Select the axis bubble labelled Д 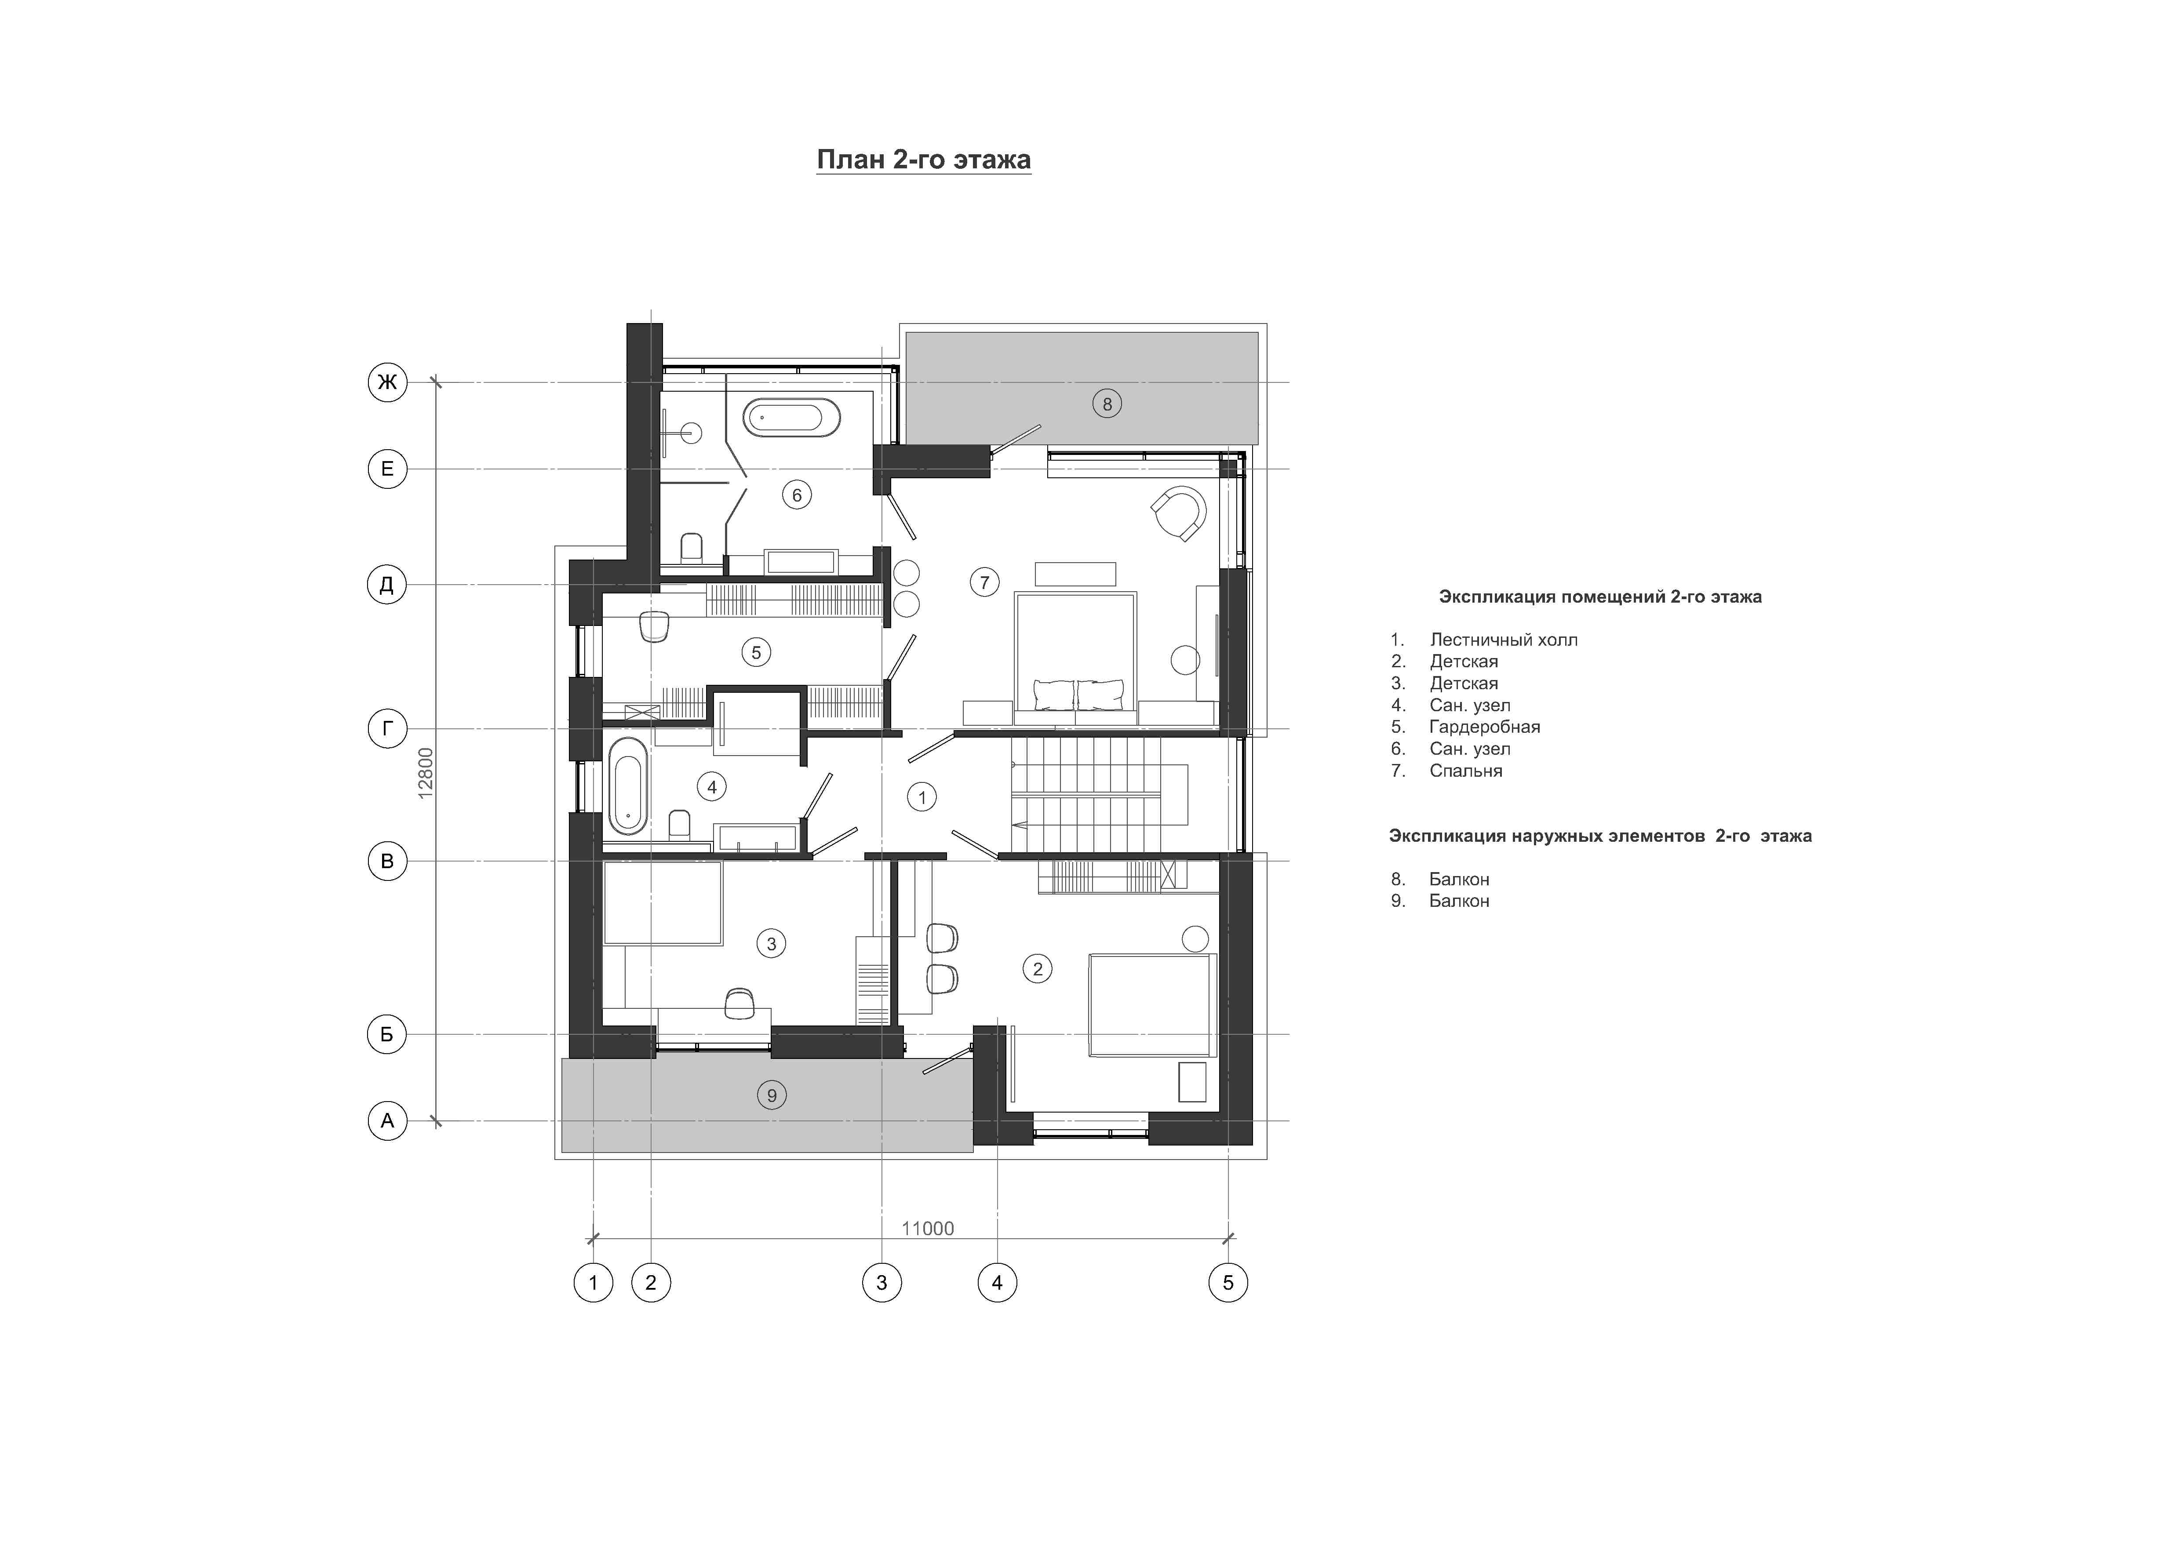point(387,584)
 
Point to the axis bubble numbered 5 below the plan point(1228,1283)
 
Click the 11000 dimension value point(928,1229)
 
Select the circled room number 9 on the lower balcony point(772,1095)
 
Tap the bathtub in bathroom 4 point(628,786)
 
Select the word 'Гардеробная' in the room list point(1484,727)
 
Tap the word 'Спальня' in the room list point(1465,771)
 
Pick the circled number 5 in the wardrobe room point(757,652)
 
